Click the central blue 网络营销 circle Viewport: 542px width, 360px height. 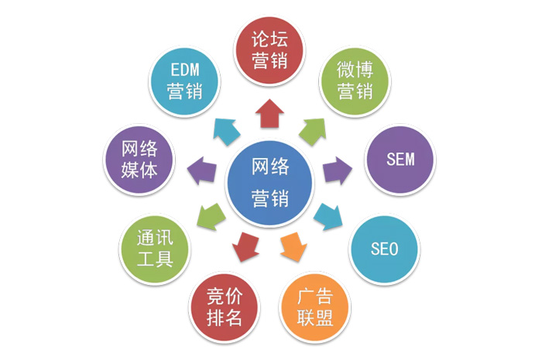(270, 183)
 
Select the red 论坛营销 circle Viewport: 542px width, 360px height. (269, 50)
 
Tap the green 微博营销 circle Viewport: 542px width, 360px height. (355, 81)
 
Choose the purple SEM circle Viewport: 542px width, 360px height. (400, 159)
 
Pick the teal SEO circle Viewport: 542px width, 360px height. (384, 249)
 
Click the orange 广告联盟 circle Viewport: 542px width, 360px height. (315, 307)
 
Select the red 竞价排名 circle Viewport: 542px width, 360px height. (225, 307)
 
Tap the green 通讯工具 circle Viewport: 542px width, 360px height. (155, 249)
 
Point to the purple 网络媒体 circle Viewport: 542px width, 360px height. (139, 159)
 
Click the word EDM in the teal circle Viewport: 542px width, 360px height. (185, 70)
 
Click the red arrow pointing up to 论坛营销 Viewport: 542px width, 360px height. (269, 113)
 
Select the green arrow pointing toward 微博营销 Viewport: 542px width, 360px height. (313, 132)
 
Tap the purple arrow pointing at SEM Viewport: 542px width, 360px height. (338, 170)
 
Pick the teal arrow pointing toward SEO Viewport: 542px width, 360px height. (328, 217)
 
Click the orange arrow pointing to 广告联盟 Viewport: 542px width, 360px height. (293, 247)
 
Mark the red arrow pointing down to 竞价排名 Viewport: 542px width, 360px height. (245, 247)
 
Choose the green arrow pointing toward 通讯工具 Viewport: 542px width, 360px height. (211, 217)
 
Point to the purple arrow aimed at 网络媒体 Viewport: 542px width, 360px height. (201, 170)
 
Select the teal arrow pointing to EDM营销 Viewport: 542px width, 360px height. (227, 132)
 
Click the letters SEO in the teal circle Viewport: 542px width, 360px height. (384, 249)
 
